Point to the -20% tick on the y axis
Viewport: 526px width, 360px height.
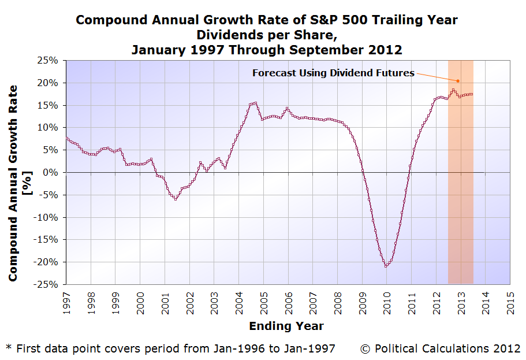pos(47,262)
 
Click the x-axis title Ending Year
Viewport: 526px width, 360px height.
pos(286,326)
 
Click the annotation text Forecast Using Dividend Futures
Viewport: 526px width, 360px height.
pos(333,73)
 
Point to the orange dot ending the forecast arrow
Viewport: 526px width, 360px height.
pos(458,81)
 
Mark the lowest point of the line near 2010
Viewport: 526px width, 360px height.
pos(386,266)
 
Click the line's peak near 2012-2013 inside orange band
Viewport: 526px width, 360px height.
pos(453,90)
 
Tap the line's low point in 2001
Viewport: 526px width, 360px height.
pos(176,199)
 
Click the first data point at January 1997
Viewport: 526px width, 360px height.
pos(66,138)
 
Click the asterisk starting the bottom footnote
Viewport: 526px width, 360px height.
pos(9,347)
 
